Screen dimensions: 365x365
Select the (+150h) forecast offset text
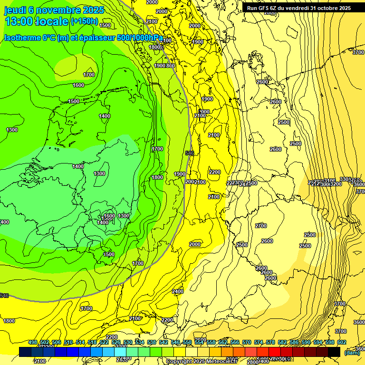[x=84, y=21]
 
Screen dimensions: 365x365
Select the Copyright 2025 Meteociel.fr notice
[x=202, y=361]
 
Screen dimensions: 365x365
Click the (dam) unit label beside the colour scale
[x=351, y=352]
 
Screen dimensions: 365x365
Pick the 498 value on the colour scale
[x=32, y=343]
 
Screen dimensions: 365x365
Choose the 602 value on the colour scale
[x=342, y=343]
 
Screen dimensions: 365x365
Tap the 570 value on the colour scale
[x=247, y=343]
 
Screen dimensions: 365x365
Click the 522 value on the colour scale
[x=104, y=343]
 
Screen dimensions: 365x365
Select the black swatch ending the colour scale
[x=334, y=352]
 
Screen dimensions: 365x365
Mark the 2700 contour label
[x=261, y=226]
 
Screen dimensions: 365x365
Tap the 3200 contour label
[x=336, y=184]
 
